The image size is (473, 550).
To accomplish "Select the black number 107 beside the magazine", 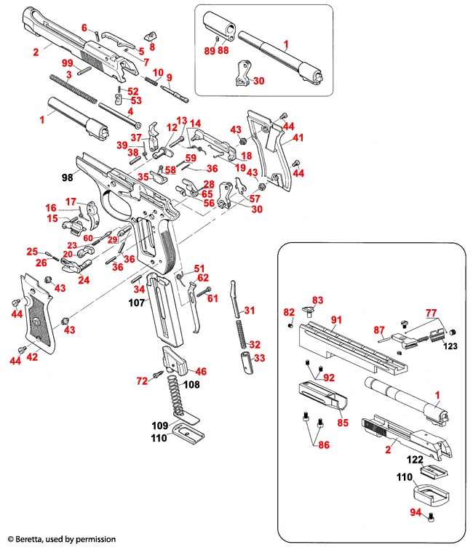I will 137,301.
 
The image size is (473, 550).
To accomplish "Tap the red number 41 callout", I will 299,137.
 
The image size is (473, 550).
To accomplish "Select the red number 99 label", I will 67,63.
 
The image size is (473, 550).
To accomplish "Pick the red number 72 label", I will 143,380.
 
